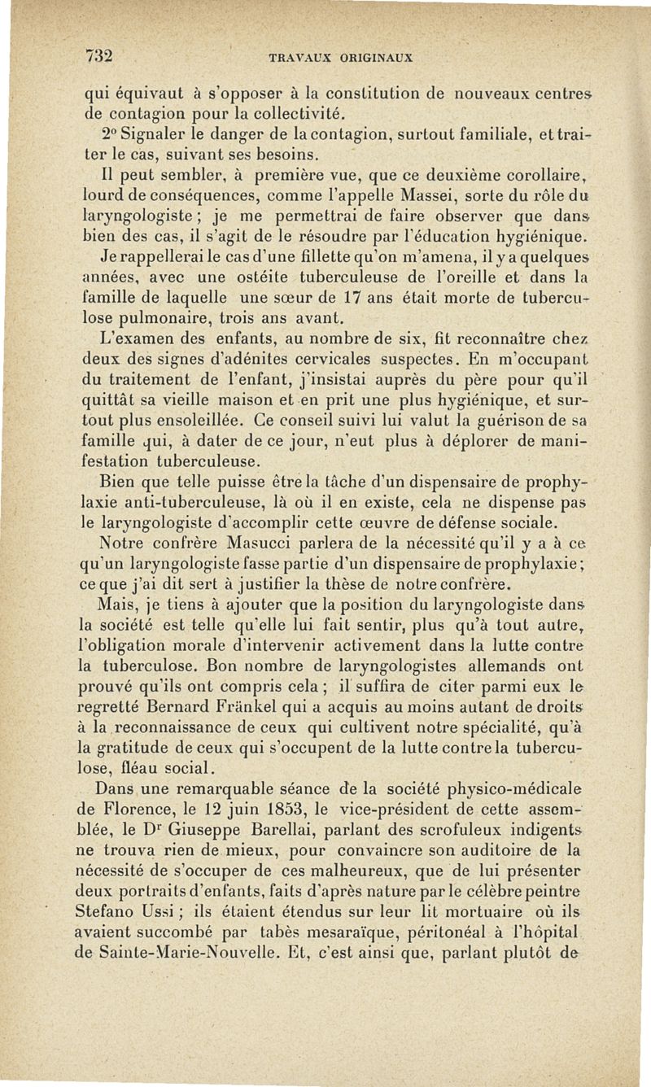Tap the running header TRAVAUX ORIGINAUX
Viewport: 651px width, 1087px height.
click(341, 59)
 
